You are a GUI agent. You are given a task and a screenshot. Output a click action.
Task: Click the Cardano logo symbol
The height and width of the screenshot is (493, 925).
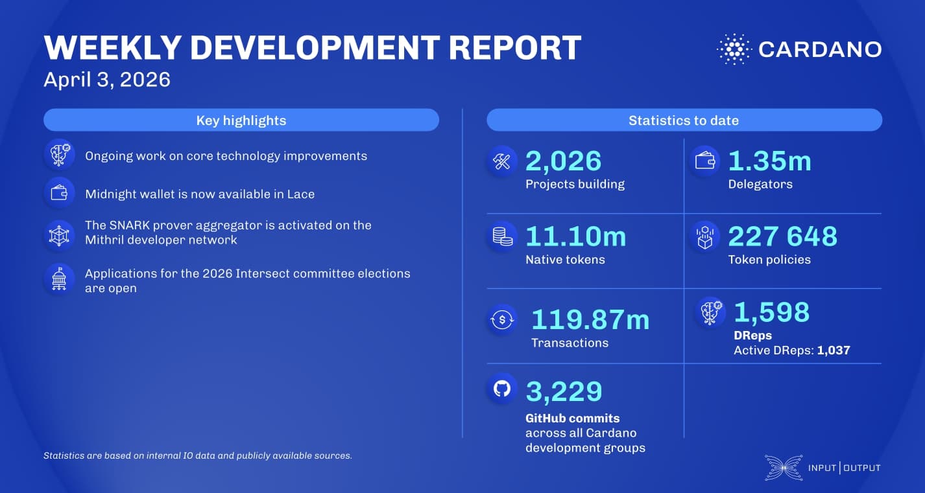point(734,49)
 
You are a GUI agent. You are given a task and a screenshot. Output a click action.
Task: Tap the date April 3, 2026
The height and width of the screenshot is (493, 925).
point(107,79)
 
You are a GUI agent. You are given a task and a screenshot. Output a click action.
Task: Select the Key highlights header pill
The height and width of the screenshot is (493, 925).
point(241,120)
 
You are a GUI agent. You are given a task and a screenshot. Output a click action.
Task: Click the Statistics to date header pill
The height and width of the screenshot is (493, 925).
point(684,120)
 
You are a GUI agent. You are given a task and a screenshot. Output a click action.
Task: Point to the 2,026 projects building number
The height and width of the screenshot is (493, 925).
point(564,161)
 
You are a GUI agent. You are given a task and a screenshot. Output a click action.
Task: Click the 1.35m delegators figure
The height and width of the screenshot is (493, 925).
point(769,161)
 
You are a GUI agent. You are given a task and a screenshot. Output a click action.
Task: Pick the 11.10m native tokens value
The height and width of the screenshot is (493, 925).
point(575,236)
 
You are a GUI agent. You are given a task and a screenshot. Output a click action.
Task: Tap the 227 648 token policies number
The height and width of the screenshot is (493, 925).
point(782,236)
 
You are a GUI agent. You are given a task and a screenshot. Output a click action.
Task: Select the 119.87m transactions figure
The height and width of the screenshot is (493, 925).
point(590,319)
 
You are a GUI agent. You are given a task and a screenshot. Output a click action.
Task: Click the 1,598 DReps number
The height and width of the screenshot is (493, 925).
point(771,312)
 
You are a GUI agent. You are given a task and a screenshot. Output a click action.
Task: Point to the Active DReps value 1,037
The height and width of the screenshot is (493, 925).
point(834,350)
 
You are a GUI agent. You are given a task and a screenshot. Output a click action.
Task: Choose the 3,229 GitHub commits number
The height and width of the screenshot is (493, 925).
point(564,391)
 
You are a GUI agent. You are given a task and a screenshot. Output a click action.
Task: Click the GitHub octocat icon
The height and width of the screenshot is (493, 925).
point(502,389)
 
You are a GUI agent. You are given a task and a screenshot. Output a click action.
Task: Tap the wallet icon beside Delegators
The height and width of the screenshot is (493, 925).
point(704,161)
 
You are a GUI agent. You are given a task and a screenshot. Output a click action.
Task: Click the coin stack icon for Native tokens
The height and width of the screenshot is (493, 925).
point(502,236)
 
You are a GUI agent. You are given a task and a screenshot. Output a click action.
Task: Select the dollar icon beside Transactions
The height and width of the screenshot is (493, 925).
point(502,320)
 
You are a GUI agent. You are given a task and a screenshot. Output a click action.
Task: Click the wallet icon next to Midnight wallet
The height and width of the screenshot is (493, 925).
point(59,193)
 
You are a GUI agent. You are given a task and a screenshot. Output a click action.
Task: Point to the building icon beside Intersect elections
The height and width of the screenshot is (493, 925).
point(59,280)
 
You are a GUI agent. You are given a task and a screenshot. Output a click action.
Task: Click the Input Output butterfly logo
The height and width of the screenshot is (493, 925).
point(784,467)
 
